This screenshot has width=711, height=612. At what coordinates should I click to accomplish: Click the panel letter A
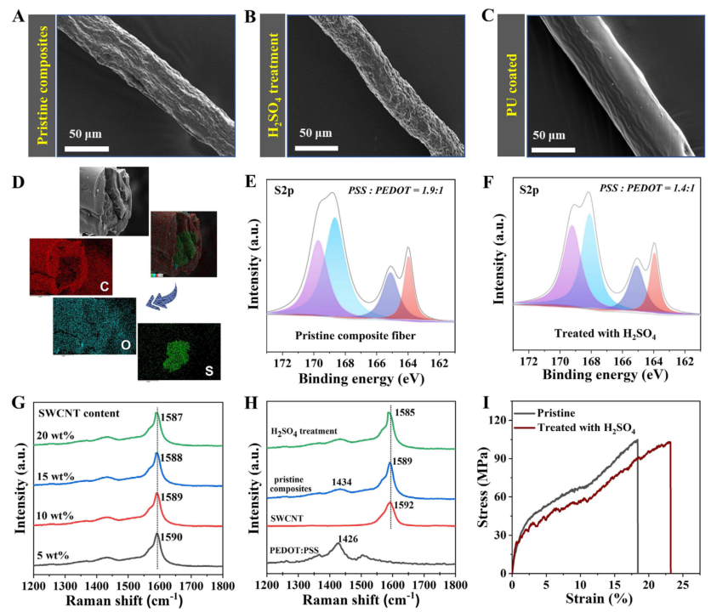(x=17, y=15)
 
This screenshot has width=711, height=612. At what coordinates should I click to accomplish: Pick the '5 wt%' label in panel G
(x=56, y=556)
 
